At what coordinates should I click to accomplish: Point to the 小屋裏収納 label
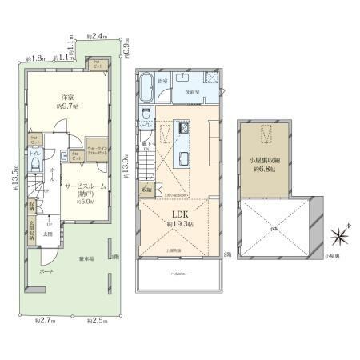coord(262,158)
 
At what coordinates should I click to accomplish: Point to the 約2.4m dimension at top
coord(99,35)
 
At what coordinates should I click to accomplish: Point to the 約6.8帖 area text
coord(263,169)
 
